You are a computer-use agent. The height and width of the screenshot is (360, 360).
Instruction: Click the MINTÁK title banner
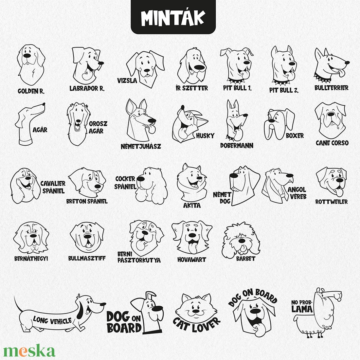173,17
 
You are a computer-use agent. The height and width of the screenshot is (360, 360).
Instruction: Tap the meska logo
29,351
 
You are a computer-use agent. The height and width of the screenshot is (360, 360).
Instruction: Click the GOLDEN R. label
31,91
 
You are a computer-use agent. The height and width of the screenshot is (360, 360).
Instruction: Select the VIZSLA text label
127,81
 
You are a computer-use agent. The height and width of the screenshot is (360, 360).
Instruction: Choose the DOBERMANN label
237,146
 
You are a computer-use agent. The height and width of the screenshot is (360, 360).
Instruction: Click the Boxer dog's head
279,124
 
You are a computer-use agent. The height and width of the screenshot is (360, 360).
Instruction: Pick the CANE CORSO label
332,143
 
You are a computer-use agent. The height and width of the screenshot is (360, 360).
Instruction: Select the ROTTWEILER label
331,202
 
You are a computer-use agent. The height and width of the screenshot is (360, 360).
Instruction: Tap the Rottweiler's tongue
339,192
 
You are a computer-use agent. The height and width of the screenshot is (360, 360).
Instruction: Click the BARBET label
246,259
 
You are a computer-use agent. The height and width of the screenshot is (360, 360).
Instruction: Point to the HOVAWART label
192,260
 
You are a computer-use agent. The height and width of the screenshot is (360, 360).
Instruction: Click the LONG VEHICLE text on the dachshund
52,320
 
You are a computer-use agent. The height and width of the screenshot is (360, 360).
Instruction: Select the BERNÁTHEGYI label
31,259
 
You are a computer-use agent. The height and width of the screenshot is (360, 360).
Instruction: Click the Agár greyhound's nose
44,104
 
